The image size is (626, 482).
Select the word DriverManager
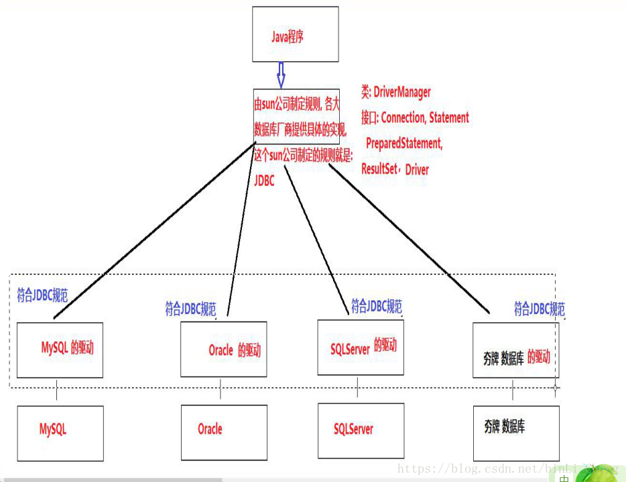(x=402, y=92)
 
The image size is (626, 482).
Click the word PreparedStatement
(x=404, y=143)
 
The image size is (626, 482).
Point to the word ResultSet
(x=379, y=169)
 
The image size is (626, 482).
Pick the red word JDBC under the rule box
(x=264, y=181)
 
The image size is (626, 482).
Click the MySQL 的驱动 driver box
(x=60, y=349)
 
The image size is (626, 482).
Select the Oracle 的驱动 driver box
(x=224, y=350)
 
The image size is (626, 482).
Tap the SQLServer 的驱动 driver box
(x=361, y=347)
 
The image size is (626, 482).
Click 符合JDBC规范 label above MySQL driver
(x=42, y=295)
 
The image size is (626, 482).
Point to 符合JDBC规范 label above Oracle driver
(x=190, y=309)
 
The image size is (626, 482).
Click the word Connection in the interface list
(x=403, y=117)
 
